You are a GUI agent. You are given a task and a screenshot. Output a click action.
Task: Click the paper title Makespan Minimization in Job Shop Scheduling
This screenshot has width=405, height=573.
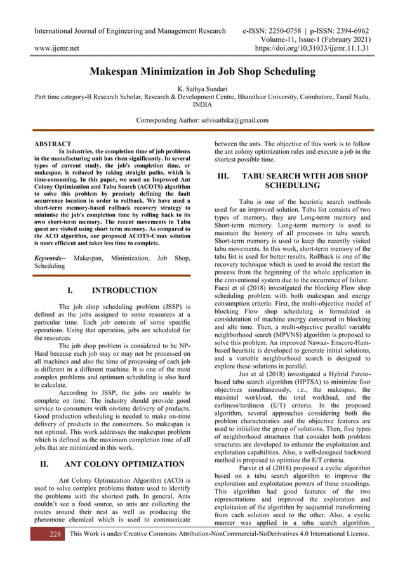(202, 72)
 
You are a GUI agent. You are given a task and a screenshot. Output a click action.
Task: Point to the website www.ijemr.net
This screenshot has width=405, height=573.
(56, 48)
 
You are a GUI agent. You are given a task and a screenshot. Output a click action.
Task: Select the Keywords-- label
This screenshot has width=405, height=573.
(51, 258)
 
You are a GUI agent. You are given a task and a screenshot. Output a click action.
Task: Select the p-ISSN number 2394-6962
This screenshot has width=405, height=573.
(349, 31)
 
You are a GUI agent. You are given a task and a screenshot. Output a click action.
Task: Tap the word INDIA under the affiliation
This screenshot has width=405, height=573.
(202, 105)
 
